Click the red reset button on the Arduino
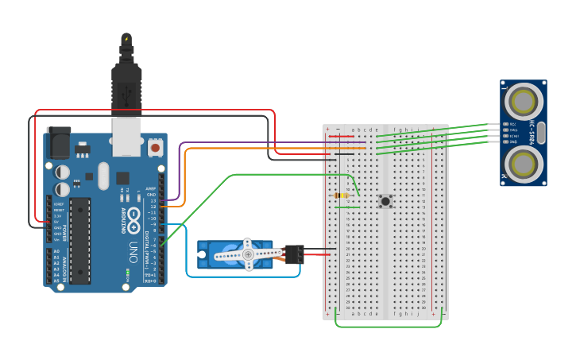click(x=155, y=147)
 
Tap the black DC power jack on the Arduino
click(x=58, y=143)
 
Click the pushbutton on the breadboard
click(x=385, y=201)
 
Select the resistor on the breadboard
click(x=342, y=195)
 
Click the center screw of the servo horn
click(x=248, y=254)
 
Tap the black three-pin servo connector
click(x=294, y=254)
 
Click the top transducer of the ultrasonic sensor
click(x=524, y=102)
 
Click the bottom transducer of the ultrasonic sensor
click(x=524, y=165)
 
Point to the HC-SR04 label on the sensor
click(x=543, y=133)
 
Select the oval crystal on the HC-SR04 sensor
click(x=541, y=133)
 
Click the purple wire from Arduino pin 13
click(x=238, y=143)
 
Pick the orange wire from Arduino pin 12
click(x=238, y=148)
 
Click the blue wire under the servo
click(x=238, y=277)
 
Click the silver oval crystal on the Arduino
click(x=104, y=176)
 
